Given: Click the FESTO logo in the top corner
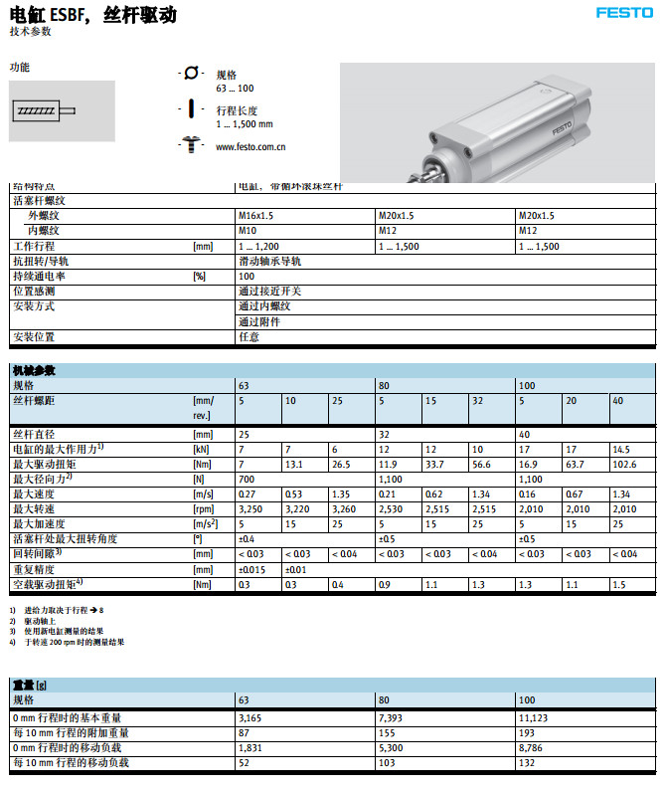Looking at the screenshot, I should click(x=624, y=13).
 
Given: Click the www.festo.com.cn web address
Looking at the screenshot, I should click(x=250, y=147).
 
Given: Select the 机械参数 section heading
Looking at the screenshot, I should click(x=34, y=370).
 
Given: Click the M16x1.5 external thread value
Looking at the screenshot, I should click(x=256, y=216).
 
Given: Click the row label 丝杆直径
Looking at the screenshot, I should click(x=34, y=433).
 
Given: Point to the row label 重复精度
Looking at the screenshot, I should click(x=34, y=569).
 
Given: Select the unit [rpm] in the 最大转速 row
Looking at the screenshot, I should click(x=203, y=508).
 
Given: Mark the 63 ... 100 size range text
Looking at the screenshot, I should click(x=235, y=89).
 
